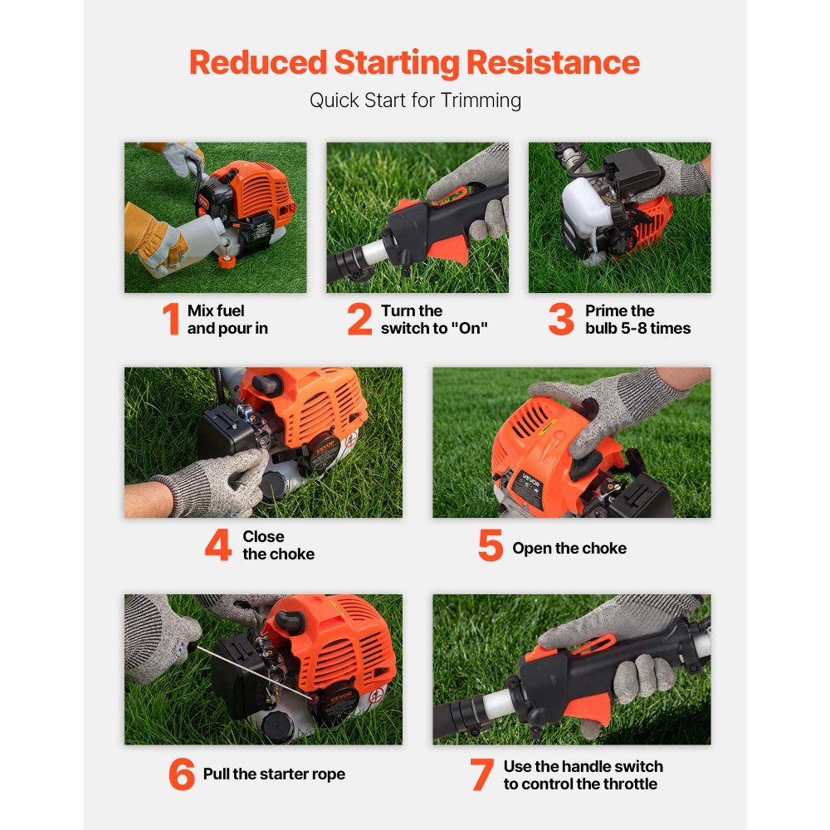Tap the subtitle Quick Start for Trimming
click(415, 100)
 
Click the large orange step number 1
click(171, 320)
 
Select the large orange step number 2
click(359, 320)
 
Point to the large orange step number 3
click(561, 320)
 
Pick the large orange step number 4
click(217, 545)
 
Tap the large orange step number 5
click(491, 546)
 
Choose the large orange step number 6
click(182, 774)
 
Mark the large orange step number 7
click(481, 774)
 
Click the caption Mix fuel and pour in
click(227, 320)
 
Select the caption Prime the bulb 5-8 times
click(637, 320)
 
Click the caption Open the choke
click(569, 548)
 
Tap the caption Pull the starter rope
click(274, 774)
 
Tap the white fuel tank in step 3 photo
click(587, 211)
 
